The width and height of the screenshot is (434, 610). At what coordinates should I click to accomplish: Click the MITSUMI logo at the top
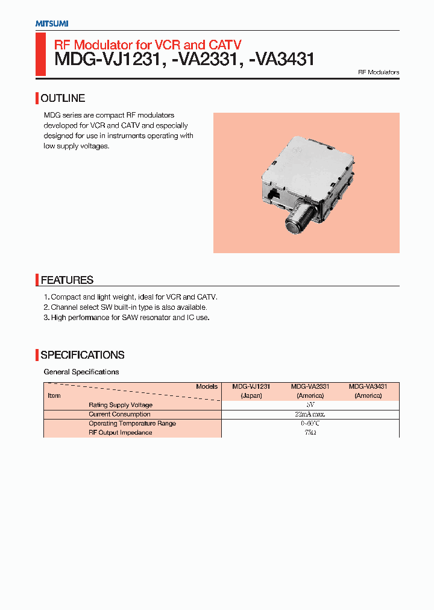[x=51, y=24]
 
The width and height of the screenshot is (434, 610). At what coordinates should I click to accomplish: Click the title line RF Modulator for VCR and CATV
[x=148, y=45]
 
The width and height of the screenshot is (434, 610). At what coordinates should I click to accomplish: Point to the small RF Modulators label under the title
[x=379, y=72]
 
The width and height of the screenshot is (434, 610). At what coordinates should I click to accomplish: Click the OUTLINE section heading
[x=63, y=98]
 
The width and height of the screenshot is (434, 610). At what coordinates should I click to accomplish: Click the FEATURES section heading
[x=67, y=280]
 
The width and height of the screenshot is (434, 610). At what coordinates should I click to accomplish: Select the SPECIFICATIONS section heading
[x=83, y=355]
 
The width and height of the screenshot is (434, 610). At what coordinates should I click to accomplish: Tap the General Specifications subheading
[x=81, y=372]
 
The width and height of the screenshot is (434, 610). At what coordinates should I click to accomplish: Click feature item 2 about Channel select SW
[x=125, y=307]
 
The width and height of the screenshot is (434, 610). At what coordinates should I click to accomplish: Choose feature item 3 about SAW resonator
[x=127, y=317]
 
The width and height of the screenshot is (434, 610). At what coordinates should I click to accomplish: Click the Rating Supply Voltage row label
[x=121, y=405]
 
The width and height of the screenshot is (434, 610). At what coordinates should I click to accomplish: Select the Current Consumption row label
[x=119, y=414]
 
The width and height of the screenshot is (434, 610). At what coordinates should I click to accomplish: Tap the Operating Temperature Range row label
[x=132, y=423]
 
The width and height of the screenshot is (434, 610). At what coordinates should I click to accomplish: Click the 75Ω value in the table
[x=310, y=433]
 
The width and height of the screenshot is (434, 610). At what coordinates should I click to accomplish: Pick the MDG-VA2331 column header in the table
[x=310, y=386]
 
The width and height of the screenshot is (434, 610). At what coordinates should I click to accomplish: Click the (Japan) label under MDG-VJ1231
[x=251, y=395]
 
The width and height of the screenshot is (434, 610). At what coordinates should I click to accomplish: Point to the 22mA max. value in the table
[x=310, y=414]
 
